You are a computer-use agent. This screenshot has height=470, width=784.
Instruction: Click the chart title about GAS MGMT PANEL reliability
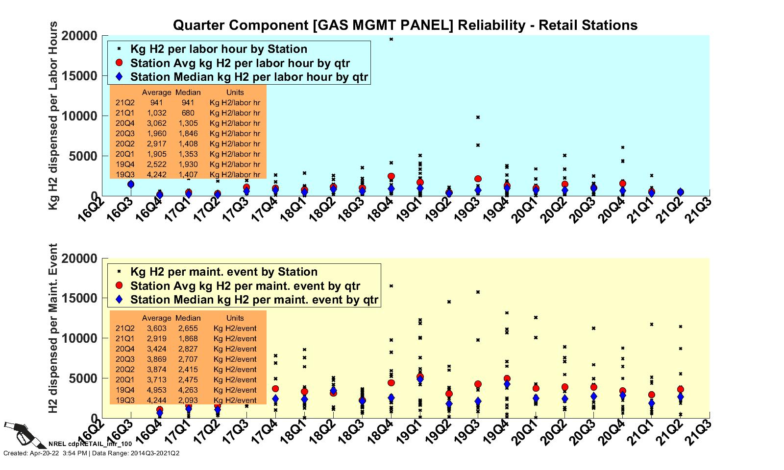pyautogui.click(x=405, y=25)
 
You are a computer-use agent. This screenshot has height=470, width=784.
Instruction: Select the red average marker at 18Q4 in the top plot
pyautogui.click(x=391, y=176)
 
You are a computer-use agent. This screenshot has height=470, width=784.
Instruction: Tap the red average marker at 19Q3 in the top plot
pyautogui.click(x=478, y=179)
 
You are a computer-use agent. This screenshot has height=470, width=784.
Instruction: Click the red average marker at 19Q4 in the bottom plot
pyautogui.click(x=507, y=379)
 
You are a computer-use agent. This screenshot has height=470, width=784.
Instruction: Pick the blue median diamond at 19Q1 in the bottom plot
pyautogui.click(x=420, y=380)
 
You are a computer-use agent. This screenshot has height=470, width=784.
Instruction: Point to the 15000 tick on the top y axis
pyautogui.click(x=80, y=76)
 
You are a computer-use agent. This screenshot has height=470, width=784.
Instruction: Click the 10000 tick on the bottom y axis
pyautogui.click(x=80, y=338)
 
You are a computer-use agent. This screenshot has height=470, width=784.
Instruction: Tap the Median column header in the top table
pyautogui.click(x=188, y=92)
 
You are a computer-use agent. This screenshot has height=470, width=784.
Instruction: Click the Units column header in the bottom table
pyautogui.click(x=235, y=318)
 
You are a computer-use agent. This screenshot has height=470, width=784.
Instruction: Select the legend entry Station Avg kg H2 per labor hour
pyautogui.click(x=240, y=63)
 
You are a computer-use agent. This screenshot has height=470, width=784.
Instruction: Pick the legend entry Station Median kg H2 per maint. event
pyautogui.click(x=254, y=300)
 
